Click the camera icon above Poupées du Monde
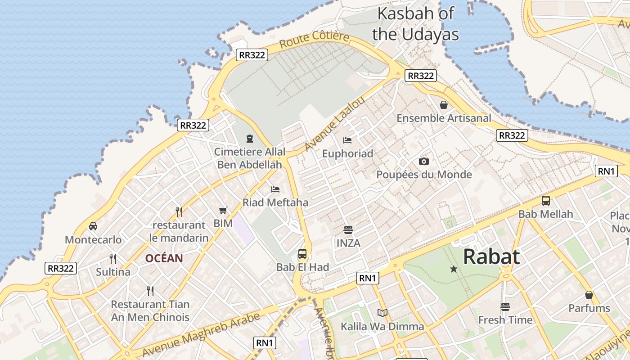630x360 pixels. (423, 161)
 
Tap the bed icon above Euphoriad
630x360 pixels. (347, 140)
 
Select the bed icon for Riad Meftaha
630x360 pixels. (275, 189)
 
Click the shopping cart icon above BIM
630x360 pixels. (223, 210)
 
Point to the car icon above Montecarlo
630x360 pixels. (93, 226)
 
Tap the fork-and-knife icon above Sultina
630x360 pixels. (113, 258)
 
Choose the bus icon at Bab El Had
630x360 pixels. (302, 253)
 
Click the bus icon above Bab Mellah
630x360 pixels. (545, 201)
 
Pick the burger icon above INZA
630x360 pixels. (348, 230)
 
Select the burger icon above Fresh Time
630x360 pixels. (505, 307)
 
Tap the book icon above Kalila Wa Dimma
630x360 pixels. (382, 313)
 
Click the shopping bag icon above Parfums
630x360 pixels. (589, 295)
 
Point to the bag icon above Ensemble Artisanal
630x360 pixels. (444, 105)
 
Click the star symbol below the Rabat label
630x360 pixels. (454, 269)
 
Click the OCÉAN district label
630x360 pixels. (164, 258)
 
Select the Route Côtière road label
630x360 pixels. (314, 40)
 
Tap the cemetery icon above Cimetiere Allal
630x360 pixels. (250, 139)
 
